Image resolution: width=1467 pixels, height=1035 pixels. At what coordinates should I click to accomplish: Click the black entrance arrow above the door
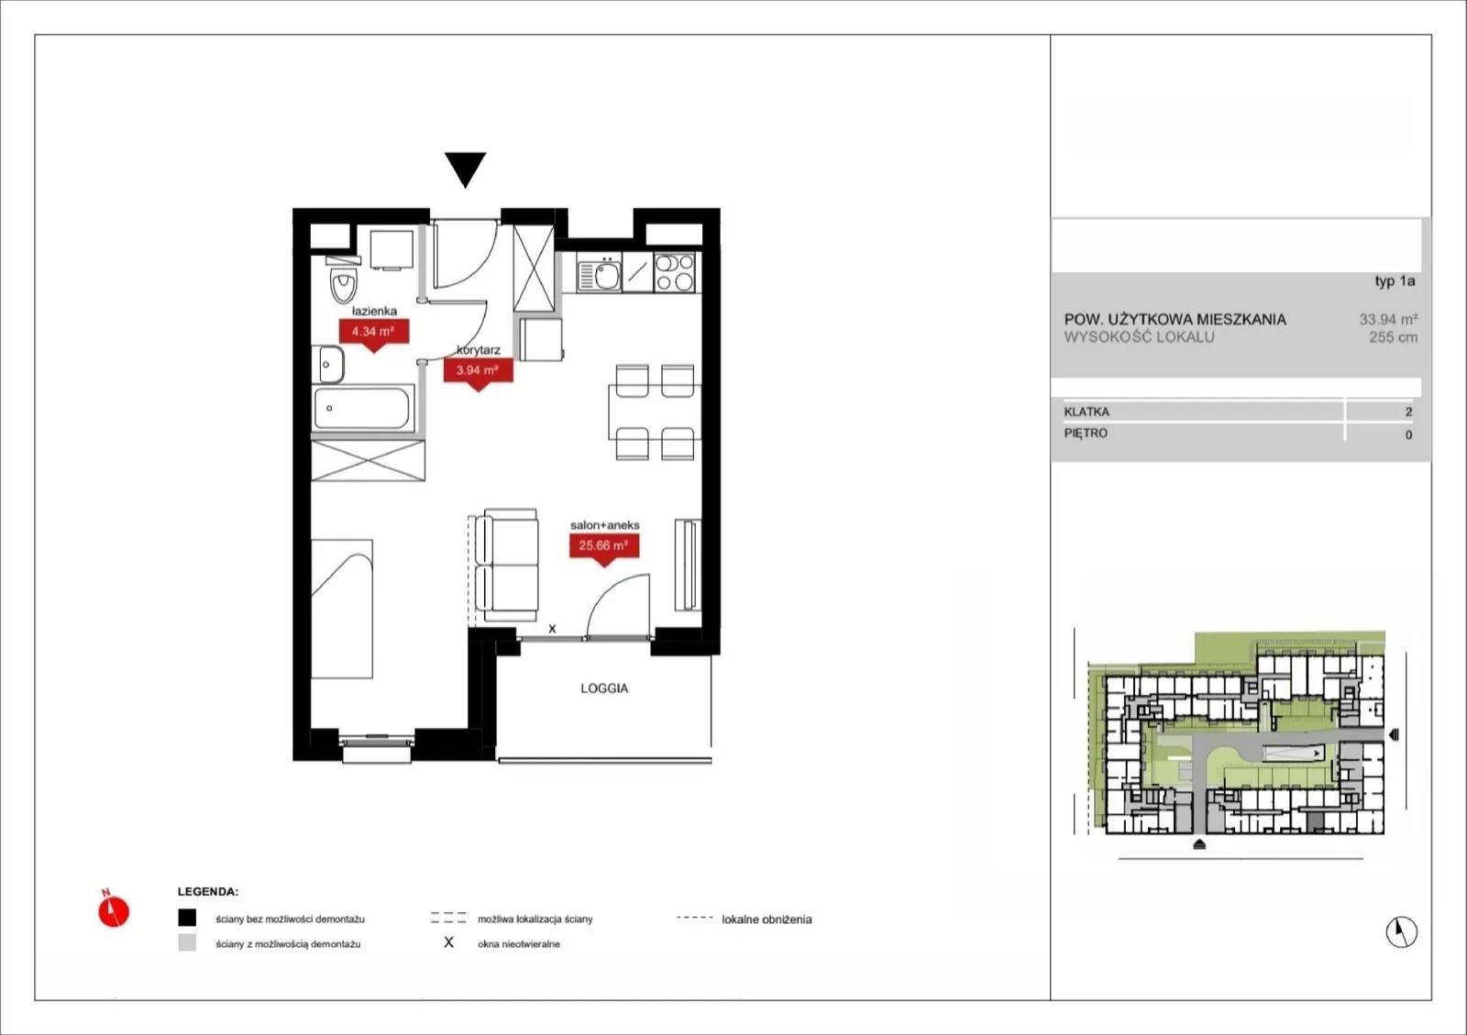tap(465, 168)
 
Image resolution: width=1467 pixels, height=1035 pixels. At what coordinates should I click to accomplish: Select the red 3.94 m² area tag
tap(478, 373)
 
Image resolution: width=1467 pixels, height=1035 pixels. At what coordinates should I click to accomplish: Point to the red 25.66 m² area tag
tap(604, 548)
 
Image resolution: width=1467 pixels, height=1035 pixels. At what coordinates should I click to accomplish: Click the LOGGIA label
tap(604, 688)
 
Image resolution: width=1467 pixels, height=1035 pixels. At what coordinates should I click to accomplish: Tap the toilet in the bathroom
tap(343, 281)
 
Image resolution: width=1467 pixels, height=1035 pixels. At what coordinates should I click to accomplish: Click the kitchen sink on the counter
tap(600, 274)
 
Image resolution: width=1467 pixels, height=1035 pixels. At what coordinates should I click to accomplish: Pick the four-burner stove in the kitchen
tap(675, 272)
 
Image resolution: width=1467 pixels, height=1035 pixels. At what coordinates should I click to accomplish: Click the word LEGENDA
tap(207, 892)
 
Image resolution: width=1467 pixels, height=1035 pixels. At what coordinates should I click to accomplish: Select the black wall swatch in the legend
tap(187, 918)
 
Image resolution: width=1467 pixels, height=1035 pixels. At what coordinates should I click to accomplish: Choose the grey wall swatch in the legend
tap(187, 942)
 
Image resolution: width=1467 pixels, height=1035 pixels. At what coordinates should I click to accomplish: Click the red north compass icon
tap(114, 909)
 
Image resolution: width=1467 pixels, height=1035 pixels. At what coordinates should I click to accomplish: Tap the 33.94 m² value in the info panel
tap(1388, 319)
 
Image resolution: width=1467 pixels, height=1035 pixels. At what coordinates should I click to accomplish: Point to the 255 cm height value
tap(1393, 337)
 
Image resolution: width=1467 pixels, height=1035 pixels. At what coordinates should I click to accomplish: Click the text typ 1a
tap(1395, 281)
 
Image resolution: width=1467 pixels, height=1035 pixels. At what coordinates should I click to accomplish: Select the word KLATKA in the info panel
tap(1086, 412)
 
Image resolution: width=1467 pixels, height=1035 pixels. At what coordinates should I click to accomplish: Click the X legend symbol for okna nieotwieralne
tap(448, 942)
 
